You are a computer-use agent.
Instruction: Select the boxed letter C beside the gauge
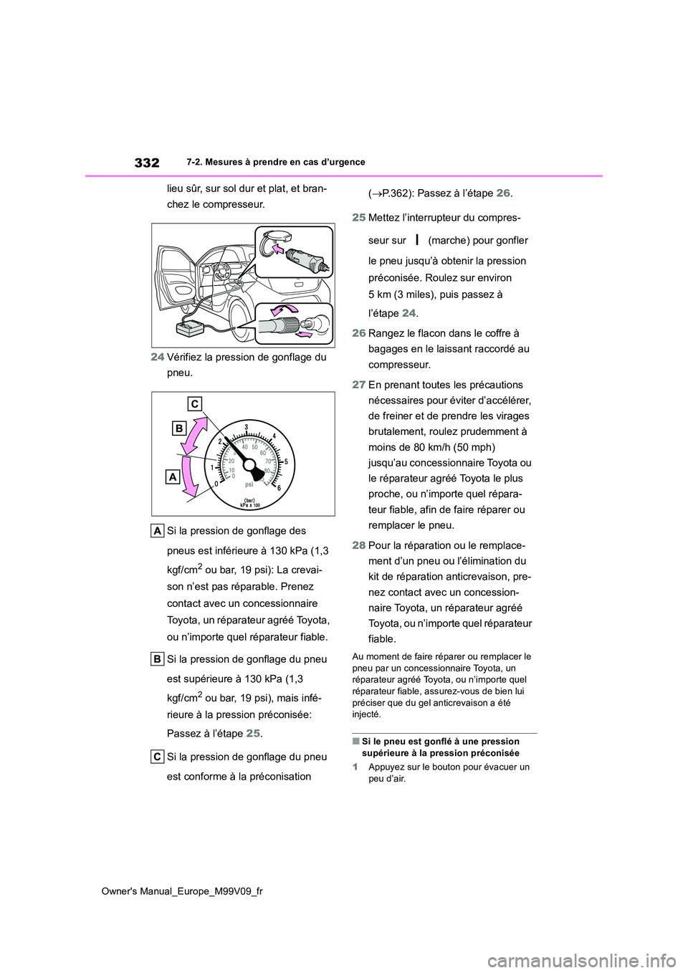(x=195, y=402)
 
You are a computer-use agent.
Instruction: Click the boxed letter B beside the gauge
(x=179, y=429)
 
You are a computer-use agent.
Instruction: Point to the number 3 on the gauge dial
(x=246, y=428)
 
